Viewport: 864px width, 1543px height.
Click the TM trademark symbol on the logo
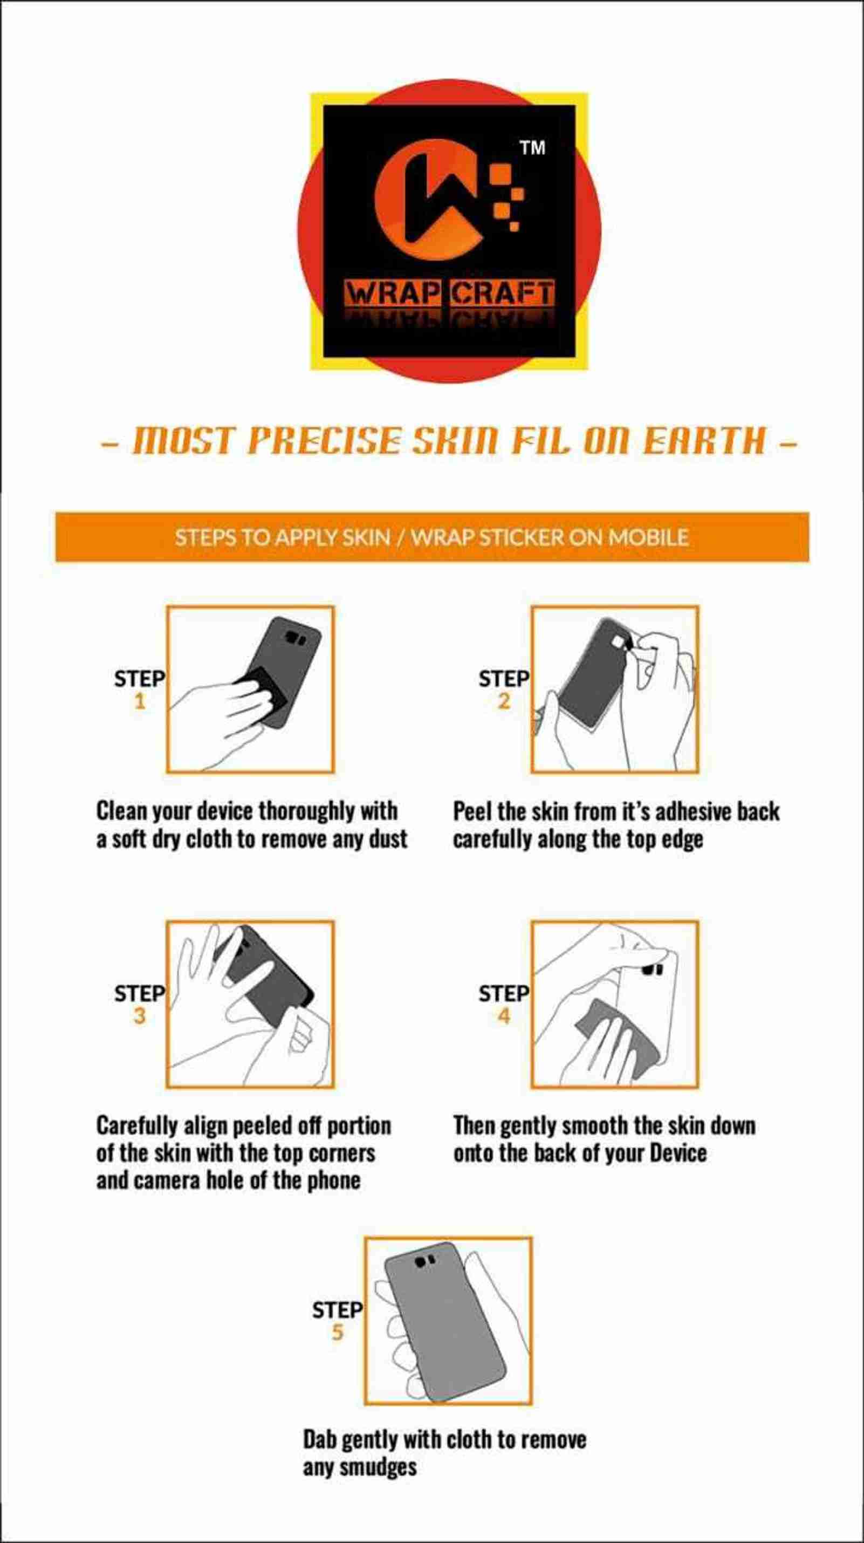[x=532, y=147]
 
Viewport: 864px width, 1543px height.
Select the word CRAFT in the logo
[x=502, y=293]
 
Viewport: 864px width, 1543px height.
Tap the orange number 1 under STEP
[x=140, y=701]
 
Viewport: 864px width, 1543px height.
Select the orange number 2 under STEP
[x=504, y=701]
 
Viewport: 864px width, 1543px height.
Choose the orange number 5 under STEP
[x=338, y=1333]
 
